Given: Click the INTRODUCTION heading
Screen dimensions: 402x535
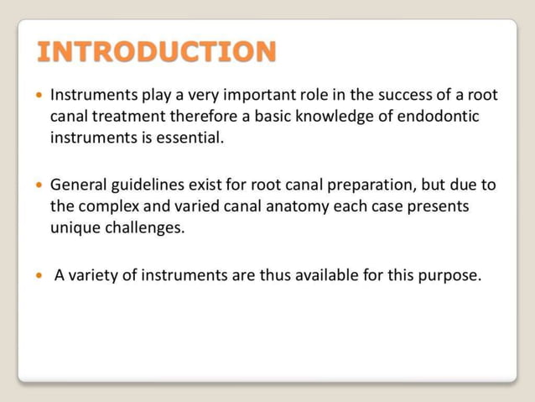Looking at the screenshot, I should [x=157, y=52].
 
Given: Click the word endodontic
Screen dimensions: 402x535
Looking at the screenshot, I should [x=437, y=116].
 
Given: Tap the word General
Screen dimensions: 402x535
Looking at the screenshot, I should [x=81, y=184].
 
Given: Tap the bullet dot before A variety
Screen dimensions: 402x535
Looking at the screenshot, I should [x=39, y=275].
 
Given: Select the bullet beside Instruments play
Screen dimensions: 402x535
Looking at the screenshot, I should [x=39, y=95].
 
